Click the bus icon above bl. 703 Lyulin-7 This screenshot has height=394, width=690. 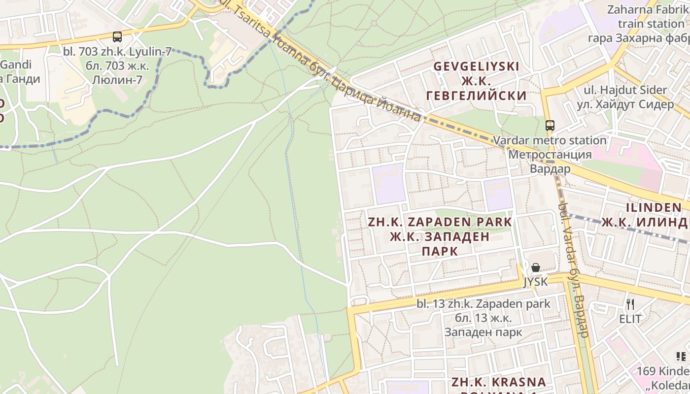(117, 36)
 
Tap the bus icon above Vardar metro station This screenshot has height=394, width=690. (550, 125)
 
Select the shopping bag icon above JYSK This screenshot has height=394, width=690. (536, 267)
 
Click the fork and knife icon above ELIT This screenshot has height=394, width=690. (630, 304)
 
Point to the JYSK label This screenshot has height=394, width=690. (535, 282)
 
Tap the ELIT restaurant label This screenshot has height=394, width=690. (630, 319)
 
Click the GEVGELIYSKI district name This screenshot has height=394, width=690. (476, 66)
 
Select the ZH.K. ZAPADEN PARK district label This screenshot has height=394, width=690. (440, 222)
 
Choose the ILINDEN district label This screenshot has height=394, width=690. (654, 207)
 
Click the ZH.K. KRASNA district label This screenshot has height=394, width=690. (499, 382)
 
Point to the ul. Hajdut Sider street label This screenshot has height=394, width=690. (625, 90)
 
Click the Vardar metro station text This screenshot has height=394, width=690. (550, 140)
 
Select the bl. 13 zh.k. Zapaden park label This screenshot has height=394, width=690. (483, 304)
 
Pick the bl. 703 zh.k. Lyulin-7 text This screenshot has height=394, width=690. (117, 51)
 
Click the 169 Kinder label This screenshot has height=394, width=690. (663, 371)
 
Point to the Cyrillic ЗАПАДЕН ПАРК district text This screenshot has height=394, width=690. (440, 244)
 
